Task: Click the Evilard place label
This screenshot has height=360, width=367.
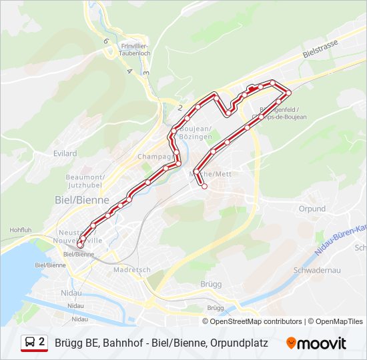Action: pos(65,153)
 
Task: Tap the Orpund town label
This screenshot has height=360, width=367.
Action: pos(312,209)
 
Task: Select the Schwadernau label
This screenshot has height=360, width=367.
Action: pos(318,270)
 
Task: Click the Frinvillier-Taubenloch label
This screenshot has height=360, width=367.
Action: pos(134,50)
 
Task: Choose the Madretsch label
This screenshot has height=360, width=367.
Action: pos(128,270)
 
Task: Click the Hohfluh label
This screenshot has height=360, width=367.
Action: pos(20,230)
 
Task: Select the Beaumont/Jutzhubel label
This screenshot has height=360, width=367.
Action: pos(84,181)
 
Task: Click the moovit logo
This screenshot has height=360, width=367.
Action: pos(316,343)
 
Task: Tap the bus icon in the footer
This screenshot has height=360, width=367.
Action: pos(30,343)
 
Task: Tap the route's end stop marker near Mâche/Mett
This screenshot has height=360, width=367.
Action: pos(204,187)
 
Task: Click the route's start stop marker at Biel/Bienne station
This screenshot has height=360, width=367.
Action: pos(80,246)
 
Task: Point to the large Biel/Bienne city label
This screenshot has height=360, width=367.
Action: pos(77,199)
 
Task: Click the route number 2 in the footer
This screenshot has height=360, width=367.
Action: pos(42,343)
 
